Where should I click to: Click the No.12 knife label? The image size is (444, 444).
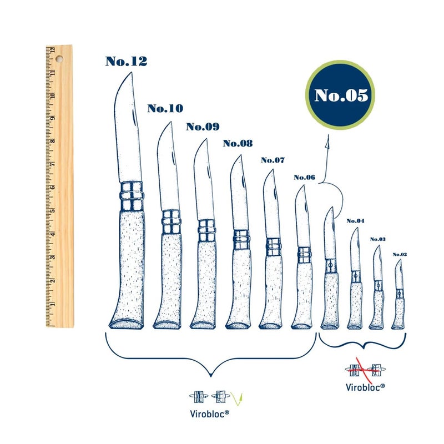click(127, 61)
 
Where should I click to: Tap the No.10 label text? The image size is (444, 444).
click(165, 108)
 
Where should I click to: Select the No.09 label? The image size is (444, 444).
click(203, 127)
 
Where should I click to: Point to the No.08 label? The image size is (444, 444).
click(238, 143)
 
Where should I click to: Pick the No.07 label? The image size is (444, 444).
click(273, 160)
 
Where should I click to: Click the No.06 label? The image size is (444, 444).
click(304, 177)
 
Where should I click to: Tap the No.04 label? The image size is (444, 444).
click(355, 220)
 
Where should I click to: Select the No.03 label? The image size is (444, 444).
click(378, 239)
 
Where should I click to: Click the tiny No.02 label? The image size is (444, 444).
click(400, 255)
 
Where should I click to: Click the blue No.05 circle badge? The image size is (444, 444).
click(340, 95)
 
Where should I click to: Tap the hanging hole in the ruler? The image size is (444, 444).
click(59, 59)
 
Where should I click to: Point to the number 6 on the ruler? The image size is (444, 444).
click(53, 187)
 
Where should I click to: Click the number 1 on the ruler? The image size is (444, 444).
click(53, 304)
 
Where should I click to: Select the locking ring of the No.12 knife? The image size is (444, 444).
click(132, 196)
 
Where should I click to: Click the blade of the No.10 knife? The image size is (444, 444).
click(168, 167)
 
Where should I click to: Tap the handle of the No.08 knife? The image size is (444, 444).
click(239, 288)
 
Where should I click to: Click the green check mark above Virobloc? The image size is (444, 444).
click(237, 398)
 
